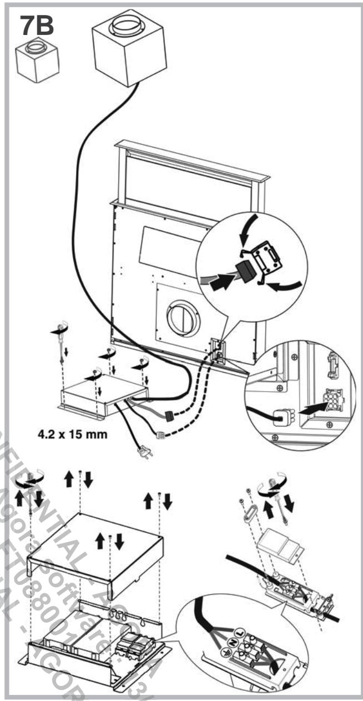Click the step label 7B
tap(38, 25)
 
